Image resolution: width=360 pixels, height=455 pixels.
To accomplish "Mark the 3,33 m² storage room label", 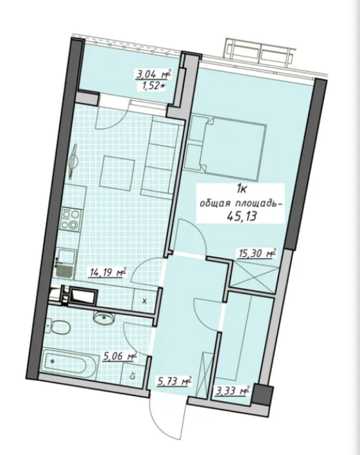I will coord(232,390).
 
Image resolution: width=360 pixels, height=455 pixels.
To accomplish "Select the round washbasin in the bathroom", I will coord(101,316).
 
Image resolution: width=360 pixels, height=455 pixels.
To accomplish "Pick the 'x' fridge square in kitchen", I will coord(144,300).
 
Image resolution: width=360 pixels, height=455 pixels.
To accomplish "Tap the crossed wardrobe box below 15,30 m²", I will coord(253,276).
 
